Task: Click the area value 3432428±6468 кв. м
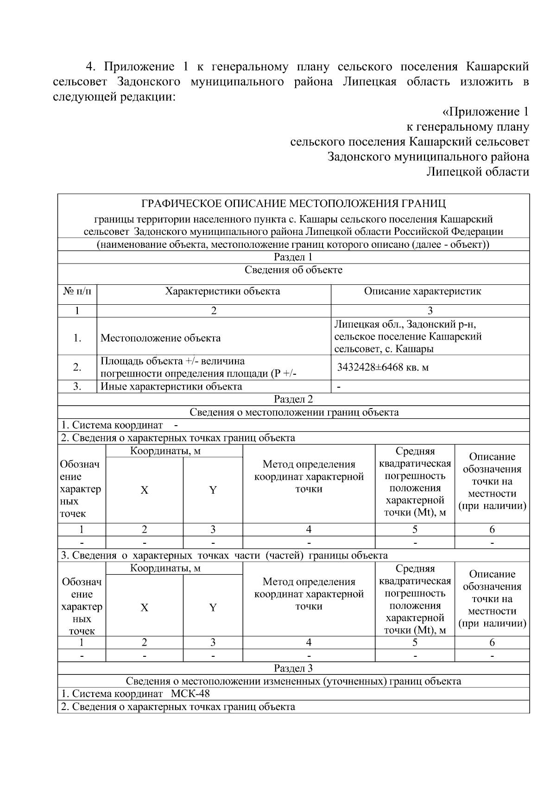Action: (382, 367)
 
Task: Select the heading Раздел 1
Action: (293, 258)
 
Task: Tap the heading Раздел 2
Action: (293, 399)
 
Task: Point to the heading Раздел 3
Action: (293, 668)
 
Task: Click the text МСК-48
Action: (190, 693)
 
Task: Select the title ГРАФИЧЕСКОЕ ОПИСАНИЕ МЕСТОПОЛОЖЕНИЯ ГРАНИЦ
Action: (293, 204)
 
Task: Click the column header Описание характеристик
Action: (422, 291)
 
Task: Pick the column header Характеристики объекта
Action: (222, 291)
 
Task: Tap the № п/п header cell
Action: (77, 291)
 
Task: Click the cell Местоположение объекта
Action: (160, 338)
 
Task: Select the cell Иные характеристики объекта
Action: (171, 386)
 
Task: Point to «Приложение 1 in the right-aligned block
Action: (486, 112)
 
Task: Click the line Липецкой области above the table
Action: (477, 172)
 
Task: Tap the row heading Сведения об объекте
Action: (293, 270)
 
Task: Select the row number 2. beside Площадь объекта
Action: (77, 367)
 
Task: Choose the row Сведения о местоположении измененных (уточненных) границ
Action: (293, 681)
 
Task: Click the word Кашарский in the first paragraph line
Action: (497, 67)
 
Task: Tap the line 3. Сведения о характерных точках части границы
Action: (224, 555)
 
